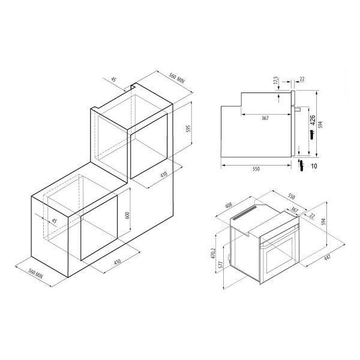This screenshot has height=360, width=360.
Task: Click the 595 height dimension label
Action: click(188, 130)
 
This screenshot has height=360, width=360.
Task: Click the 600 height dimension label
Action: click(127, 215)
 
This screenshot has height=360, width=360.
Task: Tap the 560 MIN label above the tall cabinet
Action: click(177, 77)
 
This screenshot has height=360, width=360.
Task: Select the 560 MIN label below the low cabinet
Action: click(35, 273)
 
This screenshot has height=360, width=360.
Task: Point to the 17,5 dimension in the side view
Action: click(276, 80)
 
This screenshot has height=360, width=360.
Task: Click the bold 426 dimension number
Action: click(313, 120)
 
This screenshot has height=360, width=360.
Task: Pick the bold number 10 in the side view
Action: click(314, 166)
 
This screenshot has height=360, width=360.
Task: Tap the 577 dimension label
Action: click(221, 265)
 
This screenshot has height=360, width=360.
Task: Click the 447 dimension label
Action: click(327, 257)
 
